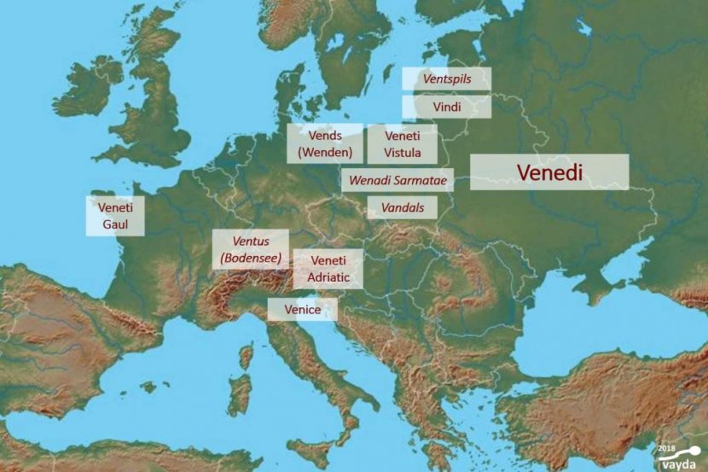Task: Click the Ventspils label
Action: click(x=446, y=79)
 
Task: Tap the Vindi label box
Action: click(x=446, y=107)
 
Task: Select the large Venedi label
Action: click(x=549, y=172)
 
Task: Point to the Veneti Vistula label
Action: click(x=402, y=144)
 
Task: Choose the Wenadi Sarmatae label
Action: click(x=397, y=181)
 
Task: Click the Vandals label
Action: click(x=402, y=207)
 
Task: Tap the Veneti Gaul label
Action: click(x=115, y=215)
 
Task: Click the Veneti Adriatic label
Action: click(x=328, y=269)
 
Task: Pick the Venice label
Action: click(x=302, y=309)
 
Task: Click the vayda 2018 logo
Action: click(x=678, y=456)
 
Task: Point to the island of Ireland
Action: click(x=85, y=88)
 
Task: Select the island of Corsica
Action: click(x=247, y=354)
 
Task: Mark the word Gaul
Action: click(x=115, y=224)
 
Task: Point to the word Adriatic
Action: click(x=328, y=278)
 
